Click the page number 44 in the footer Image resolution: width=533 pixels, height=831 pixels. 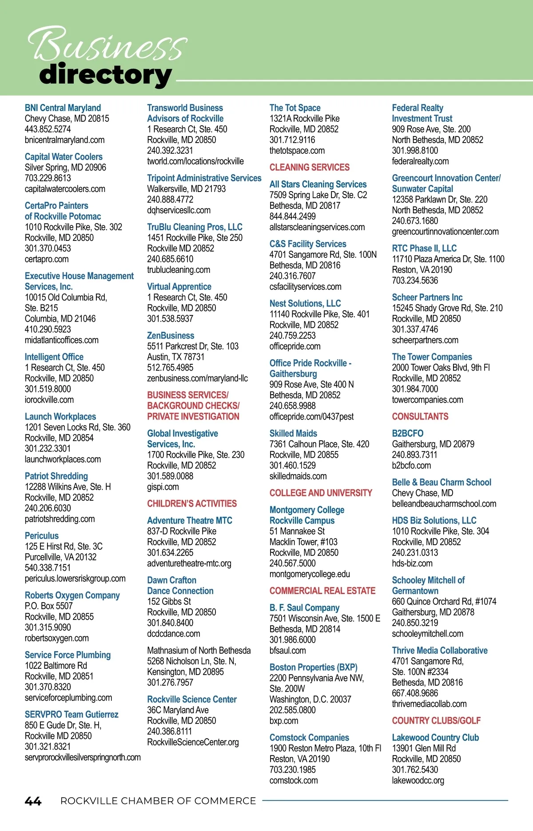(33, 801)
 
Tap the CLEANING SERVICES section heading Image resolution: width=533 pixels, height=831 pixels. (309, 168)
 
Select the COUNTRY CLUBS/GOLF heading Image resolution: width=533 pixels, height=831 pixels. (436, 721)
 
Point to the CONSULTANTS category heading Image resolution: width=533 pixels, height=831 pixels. (420, 417)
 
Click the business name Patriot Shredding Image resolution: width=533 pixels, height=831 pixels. (56, 476)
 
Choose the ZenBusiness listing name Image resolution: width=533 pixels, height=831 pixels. (171, 336)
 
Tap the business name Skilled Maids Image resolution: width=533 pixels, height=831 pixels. (293, 434)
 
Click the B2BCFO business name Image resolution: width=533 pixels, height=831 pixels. (407, 434)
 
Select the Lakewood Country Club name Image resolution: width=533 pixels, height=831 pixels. (435, 738)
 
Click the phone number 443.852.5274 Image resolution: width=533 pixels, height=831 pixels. (48, 129)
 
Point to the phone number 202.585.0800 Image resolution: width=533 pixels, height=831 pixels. (292, 710)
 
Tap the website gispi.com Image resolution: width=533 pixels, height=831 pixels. (163, 487)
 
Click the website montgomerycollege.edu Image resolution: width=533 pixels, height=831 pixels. (309, 574)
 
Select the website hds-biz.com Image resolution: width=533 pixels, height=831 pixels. (412, 563)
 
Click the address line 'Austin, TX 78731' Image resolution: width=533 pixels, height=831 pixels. (175, 357)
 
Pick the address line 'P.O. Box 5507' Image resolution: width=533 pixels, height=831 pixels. (48, 606)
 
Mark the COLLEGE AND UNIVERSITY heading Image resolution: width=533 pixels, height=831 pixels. (320, 493)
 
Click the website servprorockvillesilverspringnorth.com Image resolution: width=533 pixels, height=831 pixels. (83, 757)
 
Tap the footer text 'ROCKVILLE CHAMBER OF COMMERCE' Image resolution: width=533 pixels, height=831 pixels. (158, 801)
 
